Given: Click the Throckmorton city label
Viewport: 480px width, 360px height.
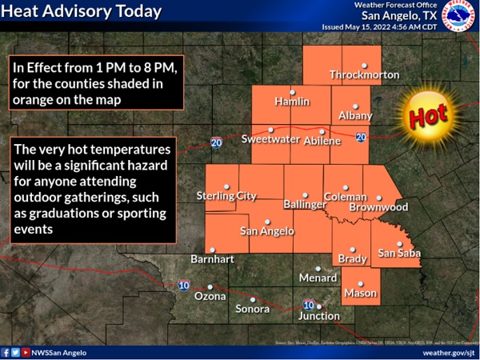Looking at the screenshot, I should pyautogui.click(x=364, y=75).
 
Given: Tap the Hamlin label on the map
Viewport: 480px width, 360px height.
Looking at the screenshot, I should pyautogui.click(x=292, y=102).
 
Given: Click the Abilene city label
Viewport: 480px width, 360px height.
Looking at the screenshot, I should pyautogui.click(x=322, y=140).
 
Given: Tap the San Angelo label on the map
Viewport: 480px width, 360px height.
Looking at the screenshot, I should pyautogui.click(x=267, y=231).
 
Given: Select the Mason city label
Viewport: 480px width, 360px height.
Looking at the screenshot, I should pyautogui.click(x=360, y=294).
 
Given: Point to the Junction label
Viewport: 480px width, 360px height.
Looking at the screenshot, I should pyautogui.click(x=318, y=316).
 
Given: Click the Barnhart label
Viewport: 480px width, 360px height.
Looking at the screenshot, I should pyautogui.click(x=211, y=259).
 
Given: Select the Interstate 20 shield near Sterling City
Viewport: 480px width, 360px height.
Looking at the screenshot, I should pyautogui.click(x=217, y=142).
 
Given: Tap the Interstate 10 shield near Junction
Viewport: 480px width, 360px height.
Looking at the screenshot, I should pyautogui.click(x=308, y=304).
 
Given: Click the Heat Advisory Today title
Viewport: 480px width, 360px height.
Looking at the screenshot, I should pyautogui.click(x=82, y=11).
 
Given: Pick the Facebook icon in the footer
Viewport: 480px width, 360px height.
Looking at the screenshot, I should pyautogui.click(x=6, y=352).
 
